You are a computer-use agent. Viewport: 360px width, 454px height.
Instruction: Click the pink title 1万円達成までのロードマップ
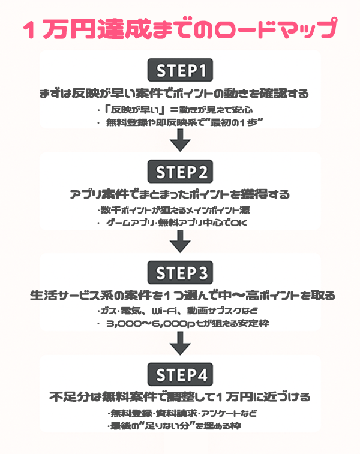(x=180, y=29)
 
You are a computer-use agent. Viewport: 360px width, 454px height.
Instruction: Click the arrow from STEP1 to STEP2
(x=180, y=142)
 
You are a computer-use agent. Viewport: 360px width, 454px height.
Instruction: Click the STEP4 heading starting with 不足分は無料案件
(x=180, y=397)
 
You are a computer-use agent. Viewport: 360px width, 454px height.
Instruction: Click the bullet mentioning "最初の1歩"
(x=180, y=123)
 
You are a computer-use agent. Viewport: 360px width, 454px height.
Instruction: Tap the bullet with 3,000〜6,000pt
(x=183, y=324)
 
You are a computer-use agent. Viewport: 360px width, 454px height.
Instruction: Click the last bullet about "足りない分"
(x=174, y=426)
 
